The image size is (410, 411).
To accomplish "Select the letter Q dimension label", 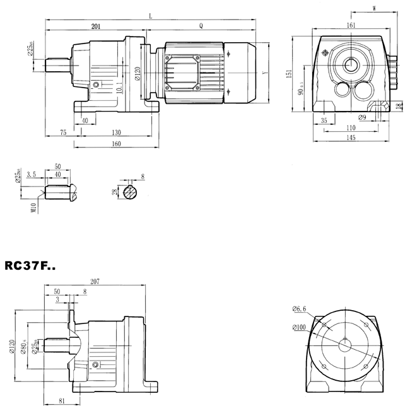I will tap(201, 26).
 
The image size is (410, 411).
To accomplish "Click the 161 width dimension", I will tap(351, 25).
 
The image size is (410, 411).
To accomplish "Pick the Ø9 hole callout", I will tap(363, 117).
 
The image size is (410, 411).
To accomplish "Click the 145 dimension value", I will tap(351, 137).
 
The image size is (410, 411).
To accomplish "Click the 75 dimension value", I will tap(62, 133).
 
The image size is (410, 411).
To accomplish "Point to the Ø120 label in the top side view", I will tap(138, 77).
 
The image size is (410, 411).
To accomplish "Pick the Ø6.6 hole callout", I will tap(300, 309).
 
